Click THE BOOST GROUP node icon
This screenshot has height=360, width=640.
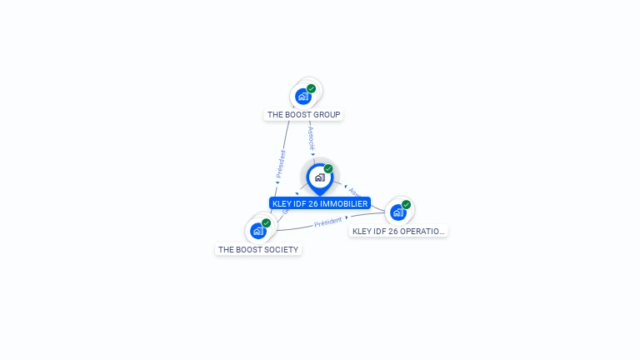coord(304,96)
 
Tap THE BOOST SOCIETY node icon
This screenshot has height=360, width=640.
coord(258,231)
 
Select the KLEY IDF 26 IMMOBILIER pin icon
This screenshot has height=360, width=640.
coord(319,177)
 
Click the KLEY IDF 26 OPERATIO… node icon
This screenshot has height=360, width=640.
coord(398,212)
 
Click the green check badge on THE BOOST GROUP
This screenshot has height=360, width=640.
coord(312,88)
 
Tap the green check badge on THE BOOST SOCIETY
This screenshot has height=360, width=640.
coord(266,222)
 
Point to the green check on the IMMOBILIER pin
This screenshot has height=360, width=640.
coord(328,168)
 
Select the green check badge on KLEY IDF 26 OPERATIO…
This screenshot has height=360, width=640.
coord(406,204)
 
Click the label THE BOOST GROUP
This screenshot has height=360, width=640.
coord(303,114)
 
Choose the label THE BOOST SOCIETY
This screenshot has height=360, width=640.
coord(258,249)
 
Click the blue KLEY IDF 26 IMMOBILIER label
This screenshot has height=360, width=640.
coord(320,203)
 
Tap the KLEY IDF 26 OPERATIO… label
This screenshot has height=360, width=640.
coord(398,231)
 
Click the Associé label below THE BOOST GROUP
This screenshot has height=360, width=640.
coord(310,136)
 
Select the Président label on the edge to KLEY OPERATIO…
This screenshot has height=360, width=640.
coord(328,222)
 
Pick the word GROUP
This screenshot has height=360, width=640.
coord(327,114)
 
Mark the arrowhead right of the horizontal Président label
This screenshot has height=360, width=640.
coord(347,218)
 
